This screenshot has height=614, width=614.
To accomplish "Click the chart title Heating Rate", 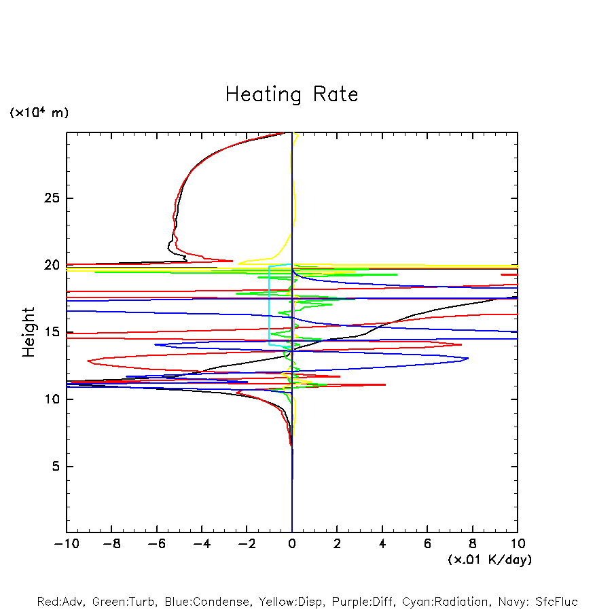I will pyautogui.click(x=291, y=94).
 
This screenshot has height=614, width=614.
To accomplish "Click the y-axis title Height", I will pyautogui.click(x=29, y=332).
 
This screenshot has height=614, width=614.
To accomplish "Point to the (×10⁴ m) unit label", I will pyautogui.click(x=39, y=113).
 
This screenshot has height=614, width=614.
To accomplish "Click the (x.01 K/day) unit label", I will pyautogui.click(x=490, y=560).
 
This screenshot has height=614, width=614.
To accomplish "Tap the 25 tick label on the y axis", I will pyautogui.click(x=52, y=198).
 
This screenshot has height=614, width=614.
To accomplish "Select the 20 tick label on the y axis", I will pyautogui.click(x=52, y=266).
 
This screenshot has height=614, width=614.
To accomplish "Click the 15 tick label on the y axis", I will pyautogui.click(x=52, y=332).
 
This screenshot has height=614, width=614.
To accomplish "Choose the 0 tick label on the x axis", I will pyautogui.click(x=292, y=544).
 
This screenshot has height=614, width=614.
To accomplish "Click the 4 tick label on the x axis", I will pyautogui.click(x=382, y=544).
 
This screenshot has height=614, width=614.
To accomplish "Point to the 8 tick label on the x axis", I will pyautogui.click(x=473, y=544).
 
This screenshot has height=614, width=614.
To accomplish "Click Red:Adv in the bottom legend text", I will pyautogui.click(x=62, y=602).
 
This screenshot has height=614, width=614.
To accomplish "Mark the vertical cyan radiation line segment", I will pyautogui.click(x=270, y=306).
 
